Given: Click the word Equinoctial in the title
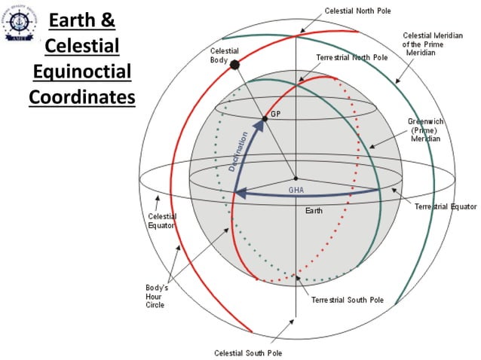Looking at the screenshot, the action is tap(82, 72).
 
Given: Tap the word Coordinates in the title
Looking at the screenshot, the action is tap(82, 97).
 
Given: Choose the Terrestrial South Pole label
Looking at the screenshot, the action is tap(348, 300).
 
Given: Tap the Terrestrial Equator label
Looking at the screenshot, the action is tap(446, 206).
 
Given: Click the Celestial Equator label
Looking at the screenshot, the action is tap(162, 221).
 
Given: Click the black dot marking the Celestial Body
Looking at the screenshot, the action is tap(234, 65).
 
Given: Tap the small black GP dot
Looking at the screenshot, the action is tap(264, 118).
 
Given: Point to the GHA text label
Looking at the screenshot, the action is tap(296, 191).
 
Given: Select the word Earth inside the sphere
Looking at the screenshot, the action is tap(314, 211).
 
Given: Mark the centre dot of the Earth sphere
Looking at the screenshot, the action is tap(296, 178).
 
